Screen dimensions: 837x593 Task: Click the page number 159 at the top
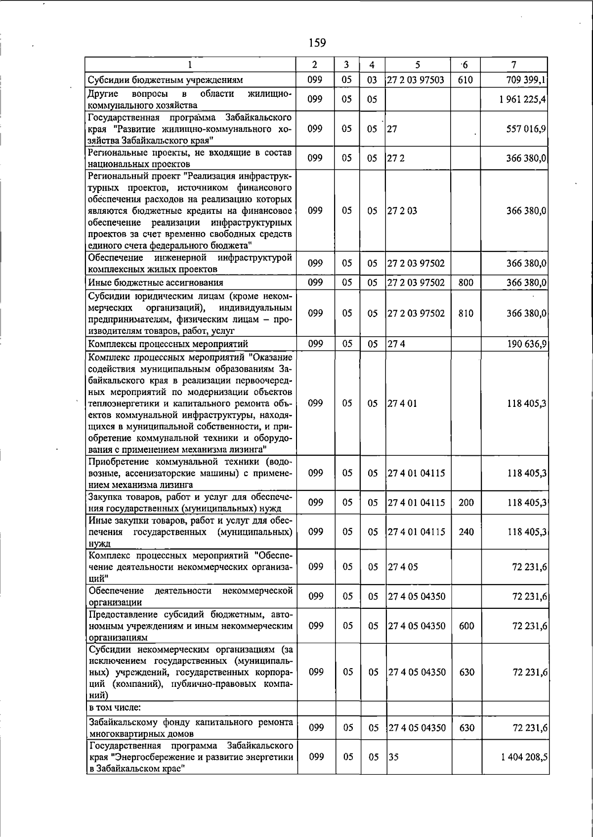point(317,43)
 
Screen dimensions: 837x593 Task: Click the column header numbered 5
point(418,65)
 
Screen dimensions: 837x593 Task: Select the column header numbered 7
point(514,65)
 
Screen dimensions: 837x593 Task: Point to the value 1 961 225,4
point(523,99)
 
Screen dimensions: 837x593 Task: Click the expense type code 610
point(466,80)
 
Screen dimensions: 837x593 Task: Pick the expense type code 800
point(466,282)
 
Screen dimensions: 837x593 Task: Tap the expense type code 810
point(466,313)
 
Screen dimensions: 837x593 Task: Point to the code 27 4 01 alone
point(402,403)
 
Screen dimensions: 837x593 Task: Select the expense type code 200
point(466,502)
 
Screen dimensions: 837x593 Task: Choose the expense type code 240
point(466,532)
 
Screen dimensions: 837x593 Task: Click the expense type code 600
point(466,626)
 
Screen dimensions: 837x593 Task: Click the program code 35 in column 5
point(393,757)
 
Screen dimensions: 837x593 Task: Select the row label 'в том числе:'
point(115,707)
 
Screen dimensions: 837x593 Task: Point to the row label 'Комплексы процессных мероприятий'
point(168,344)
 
